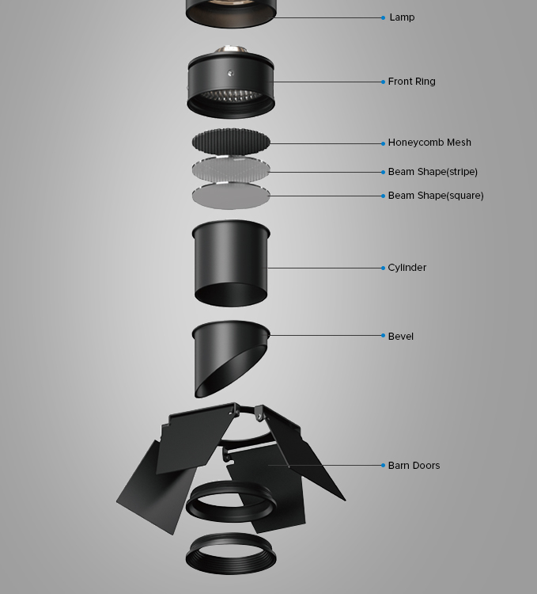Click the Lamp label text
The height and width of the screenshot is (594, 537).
tap(402, 17)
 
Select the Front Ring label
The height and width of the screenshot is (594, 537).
tap(411, 82)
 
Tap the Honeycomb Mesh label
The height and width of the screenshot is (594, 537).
tap(429, 143)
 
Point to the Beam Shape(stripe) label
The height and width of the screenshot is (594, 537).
tap(433, 172)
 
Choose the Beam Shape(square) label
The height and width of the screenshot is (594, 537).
tap(436, 196)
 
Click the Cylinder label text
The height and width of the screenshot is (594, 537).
tap(407, 268)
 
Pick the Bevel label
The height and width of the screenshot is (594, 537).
tap(400, 337)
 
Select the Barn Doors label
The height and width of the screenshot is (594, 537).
tap(414, 466)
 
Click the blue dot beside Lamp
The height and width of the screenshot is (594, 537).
tap(383, 17)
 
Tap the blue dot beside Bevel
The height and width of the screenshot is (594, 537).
tap(383, 335)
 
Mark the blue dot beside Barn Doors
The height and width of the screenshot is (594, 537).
tap(383, 465)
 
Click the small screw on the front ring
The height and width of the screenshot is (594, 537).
tap(230, 73)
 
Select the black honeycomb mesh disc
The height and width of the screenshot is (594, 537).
tap(231, 141)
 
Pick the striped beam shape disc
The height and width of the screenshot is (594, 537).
tap(231, 169)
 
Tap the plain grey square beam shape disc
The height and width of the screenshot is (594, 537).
tap(231, 196)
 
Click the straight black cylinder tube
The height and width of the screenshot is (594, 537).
tap(231, 263)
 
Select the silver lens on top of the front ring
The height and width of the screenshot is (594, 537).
tap(230, 51)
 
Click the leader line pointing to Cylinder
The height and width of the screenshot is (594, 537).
tap(325, 268)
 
